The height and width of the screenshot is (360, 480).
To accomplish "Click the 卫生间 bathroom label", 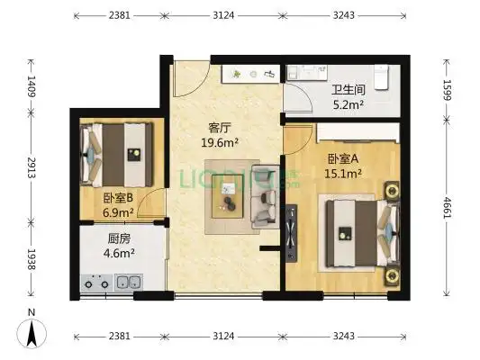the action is point(349,90).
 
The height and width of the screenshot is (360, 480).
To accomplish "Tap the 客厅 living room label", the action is point(219,128).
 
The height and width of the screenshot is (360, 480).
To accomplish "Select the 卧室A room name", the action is point(343,159).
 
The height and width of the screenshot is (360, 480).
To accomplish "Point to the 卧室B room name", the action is point(118,198).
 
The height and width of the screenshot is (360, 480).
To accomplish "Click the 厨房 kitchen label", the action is point(119,238).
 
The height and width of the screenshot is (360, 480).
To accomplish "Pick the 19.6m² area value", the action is point(220,142).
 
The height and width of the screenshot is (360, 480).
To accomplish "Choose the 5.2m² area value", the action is point(349,105).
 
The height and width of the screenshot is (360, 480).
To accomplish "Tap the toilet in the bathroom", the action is point(382,77).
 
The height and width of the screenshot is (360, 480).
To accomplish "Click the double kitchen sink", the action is point(129,283).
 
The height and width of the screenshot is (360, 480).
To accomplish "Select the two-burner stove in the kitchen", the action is point(96,283).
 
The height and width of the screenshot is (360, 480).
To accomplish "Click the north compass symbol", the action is point(32,333).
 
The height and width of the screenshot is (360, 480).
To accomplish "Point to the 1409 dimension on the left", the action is point(32,85).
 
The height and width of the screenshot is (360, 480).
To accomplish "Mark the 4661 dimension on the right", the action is point(447,207).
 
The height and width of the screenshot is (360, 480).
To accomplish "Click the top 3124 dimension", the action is point(223,15).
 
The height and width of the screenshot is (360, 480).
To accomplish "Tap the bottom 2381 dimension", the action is point(120,337).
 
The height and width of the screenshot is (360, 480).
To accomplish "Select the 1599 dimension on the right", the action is point(447,90).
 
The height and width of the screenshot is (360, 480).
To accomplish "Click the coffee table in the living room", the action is point(228,196).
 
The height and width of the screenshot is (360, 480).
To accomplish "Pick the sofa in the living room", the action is point(265,197).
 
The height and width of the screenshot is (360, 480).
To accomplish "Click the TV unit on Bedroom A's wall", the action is point(292,233).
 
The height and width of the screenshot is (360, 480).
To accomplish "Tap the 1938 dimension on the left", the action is point(32,259).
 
